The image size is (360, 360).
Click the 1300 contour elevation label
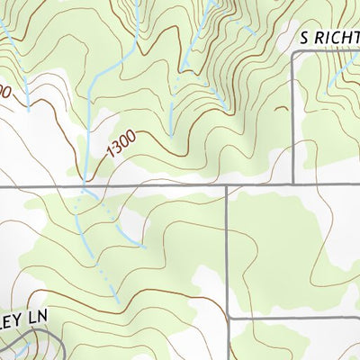121,144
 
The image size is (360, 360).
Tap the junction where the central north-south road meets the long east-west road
226,187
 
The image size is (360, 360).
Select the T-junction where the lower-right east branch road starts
227,318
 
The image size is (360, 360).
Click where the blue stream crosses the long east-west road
85,187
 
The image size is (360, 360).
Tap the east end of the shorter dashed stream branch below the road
142,245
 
